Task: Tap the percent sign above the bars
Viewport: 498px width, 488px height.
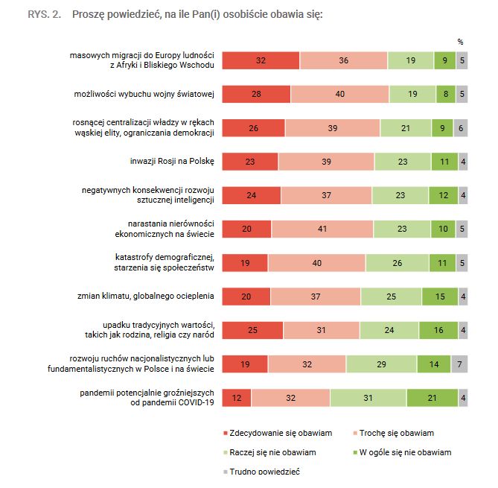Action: click(x=460, y=42)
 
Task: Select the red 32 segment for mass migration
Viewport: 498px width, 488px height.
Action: click(x=261, y=61)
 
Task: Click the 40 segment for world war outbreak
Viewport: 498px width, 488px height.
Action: click(x=339, y=94)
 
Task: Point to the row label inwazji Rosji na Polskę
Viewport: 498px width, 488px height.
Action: click(x=172, y=161)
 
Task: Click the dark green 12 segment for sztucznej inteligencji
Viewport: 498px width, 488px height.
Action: click(x=444, y=195)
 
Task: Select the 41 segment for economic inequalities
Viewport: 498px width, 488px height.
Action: click(x=322, y=229)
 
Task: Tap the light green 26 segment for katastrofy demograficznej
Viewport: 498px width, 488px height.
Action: click(x=397, y=262)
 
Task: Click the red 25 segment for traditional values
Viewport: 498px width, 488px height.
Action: click(x=252, y=330)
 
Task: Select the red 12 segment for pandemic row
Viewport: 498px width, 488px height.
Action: click(x=237, y=398)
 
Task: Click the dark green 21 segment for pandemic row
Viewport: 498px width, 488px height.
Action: click(x=432, y=398)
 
